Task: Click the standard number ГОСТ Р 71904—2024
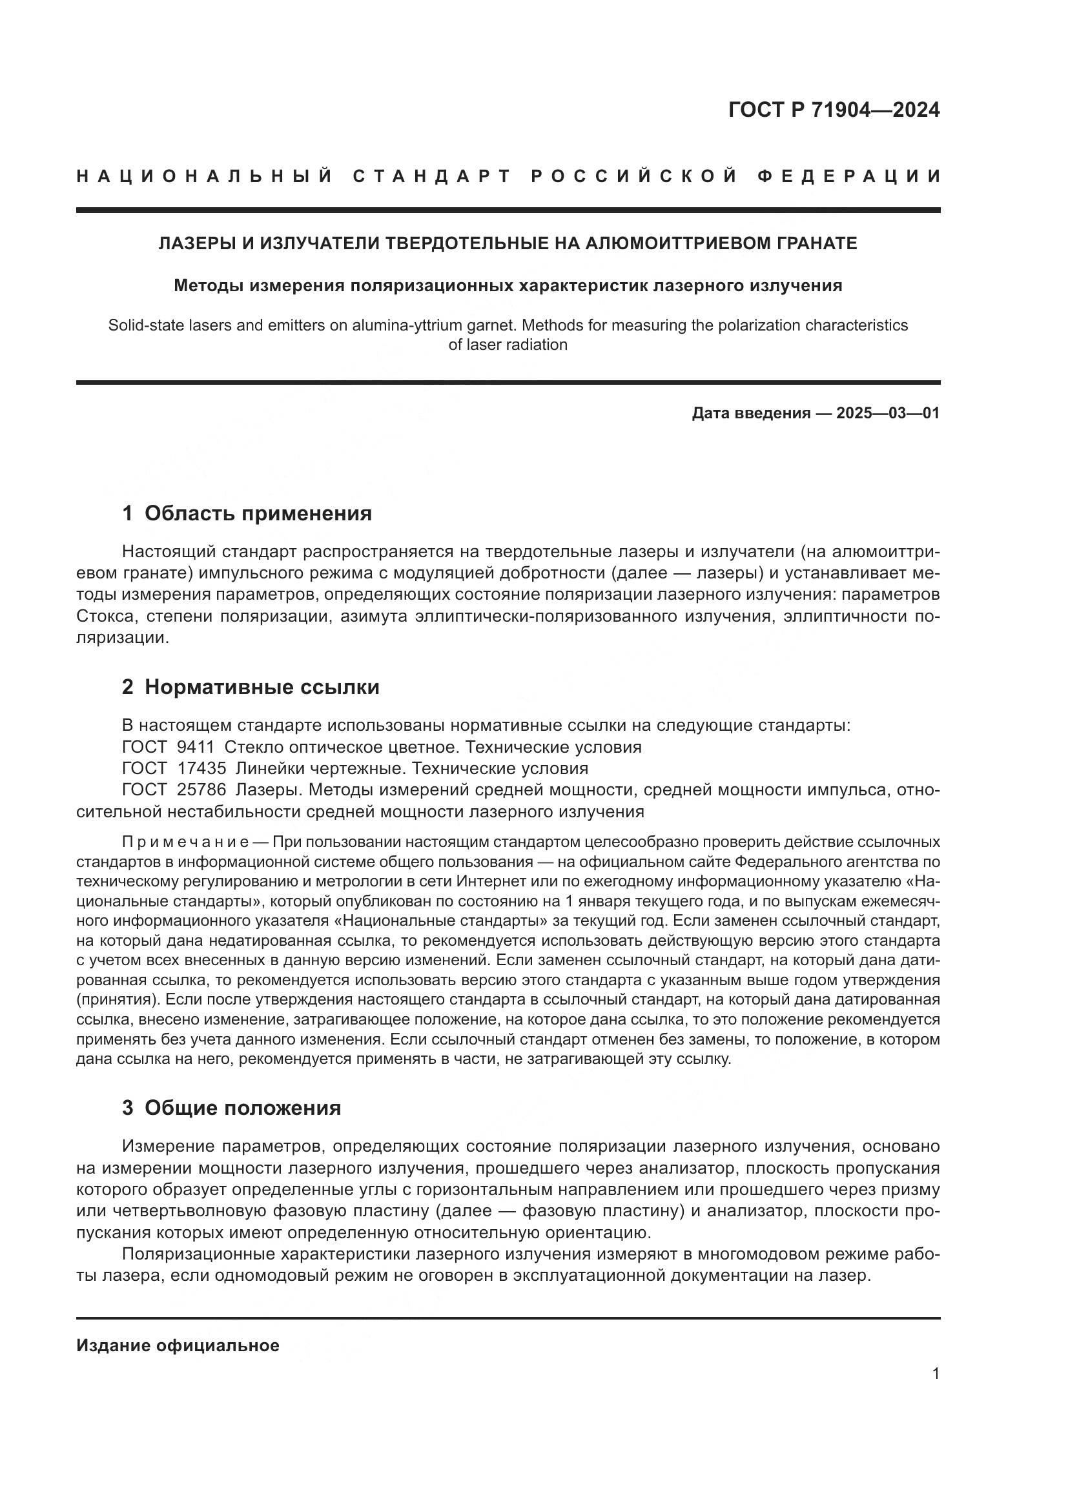click(x=834, y=110)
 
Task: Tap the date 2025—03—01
click(x=888, y=413)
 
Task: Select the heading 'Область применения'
click(x=258, y=513)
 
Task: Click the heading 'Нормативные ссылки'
click(x=262, y=687)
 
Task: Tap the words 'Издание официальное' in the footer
click(x=178, y=1345)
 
